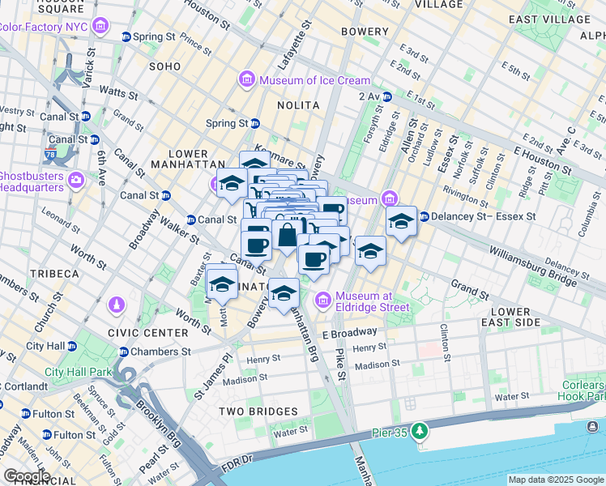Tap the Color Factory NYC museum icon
coord(100,27)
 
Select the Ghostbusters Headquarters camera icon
coord(76,179)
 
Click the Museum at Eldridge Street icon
coord(324,301)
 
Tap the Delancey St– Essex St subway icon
coord(424,216)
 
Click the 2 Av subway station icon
coord(387,97)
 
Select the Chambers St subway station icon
coord(124,352)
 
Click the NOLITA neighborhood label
coord(299,105)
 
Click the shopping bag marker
coord(287,236)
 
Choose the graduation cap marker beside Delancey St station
coord(401,221)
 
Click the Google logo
coord(26,476)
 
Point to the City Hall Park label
coord(77,373)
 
